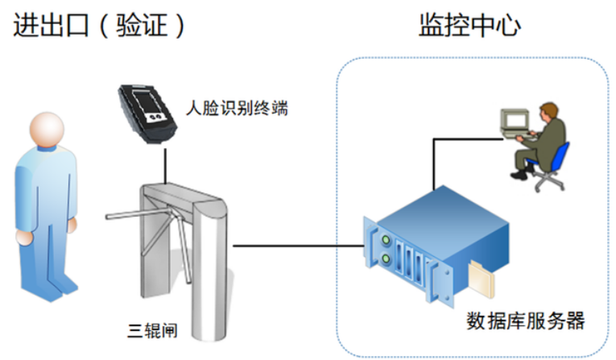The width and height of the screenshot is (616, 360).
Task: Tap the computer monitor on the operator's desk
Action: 513,119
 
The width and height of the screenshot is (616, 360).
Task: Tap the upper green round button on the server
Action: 386,240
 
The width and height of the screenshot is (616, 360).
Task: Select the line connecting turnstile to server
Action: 298,246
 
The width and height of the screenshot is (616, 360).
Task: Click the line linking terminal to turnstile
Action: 165,165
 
